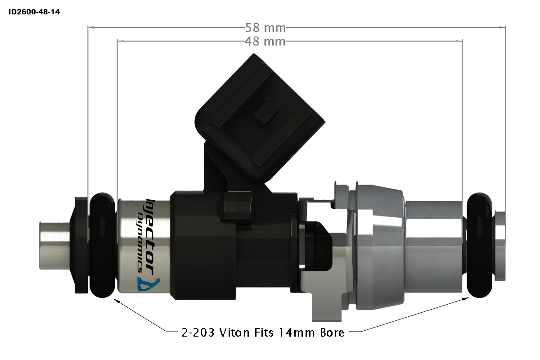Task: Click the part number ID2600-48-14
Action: click(34, 12)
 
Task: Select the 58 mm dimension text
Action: click(265, 28)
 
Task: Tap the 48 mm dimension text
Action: click(265, 42)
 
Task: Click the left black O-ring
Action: click(103, 245)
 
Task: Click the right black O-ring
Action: click(481, 245)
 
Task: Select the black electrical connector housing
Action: click(261, 117)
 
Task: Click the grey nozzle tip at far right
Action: click(500, 245)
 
